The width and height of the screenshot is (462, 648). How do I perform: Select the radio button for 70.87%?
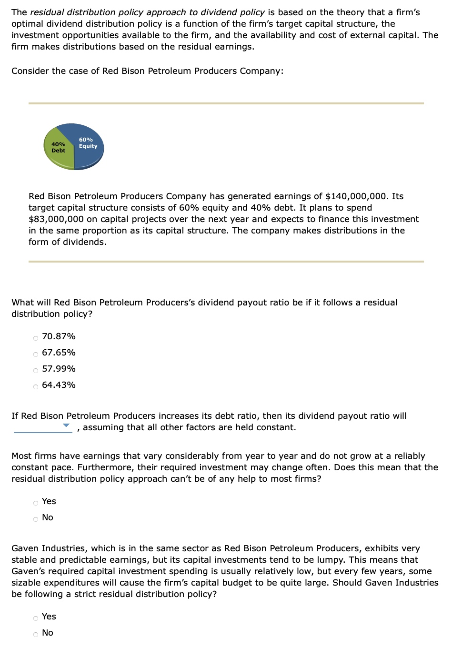36,338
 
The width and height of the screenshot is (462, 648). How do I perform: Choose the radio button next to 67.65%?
36,354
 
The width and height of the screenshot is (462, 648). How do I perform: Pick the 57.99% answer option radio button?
36,371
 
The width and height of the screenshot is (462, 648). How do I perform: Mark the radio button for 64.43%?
36,387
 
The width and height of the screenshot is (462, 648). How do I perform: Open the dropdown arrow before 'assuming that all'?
66,425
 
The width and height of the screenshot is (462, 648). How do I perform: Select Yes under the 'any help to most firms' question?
36,503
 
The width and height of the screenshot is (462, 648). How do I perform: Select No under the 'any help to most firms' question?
36,519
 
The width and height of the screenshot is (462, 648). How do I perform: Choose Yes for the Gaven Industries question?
36,618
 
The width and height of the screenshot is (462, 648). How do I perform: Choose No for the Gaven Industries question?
36,635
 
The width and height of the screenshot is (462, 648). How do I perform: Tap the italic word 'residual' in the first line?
47,12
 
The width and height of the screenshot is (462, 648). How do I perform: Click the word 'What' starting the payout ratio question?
22,303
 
